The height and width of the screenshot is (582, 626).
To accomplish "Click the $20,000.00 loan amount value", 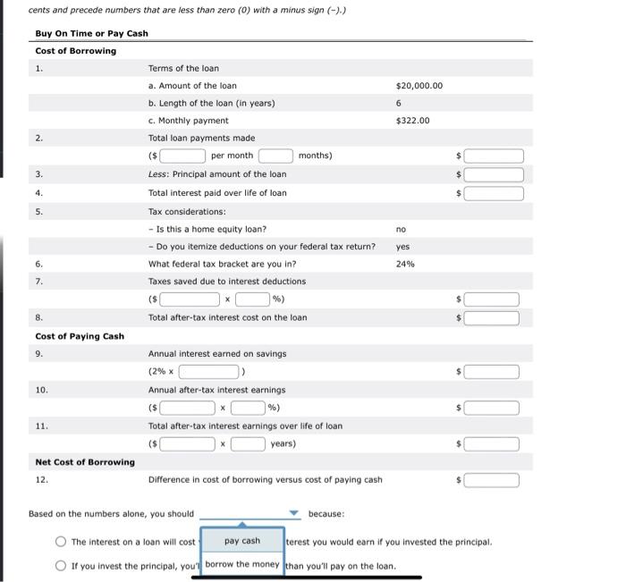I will click(419, 86).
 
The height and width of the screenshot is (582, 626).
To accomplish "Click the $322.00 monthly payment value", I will click(412, 121).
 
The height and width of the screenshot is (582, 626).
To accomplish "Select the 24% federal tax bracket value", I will click(405, 264).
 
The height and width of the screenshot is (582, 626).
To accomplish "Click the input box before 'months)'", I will click(275, 156).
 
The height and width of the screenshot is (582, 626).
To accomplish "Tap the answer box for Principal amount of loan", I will click(493, 174).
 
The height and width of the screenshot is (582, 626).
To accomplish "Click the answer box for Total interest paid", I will click(493, 192).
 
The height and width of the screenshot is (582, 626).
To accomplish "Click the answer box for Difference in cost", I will click(491, 480).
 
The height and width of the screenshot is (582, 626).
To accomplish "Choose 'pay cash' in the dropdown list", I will click(241, 541).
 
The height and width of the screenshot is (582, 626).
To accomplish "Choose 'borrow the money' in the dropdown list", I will click(241, 564).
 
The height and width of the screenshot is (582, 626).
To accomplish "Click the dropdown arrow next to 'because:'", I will click(293, 514).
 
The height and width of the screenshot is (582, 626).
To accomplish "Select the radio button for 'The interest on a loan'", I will click(61, 542).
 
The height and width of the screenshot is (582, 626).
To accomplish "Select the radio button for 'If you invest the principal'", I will click(61, 565).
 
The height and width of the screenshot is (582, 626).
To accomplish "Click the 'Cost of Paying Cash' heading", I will click(80, 336).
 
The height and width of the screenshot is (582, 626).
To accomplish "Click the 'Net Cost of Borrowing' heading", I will click(85, 461).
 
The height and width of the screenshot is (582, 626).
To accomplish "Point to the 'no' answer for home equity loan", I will click(401, 229).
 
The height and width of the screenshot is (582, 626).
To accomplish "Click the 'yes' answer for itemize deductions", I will click(402, 246).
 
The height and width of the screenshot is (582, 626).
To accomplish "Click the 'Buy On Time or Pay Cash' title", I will click(91, 33).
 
